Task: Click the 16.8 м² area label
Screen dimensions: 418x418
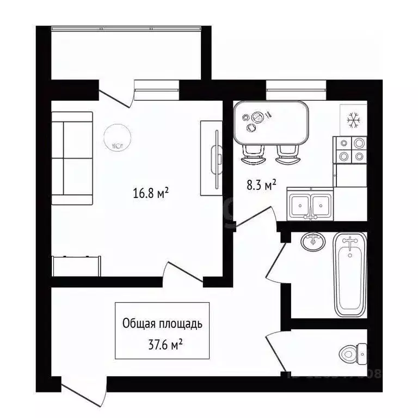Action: (x=150, y=193)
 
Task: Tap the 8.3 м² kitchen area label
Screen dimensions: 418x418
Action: (x=261, y=186)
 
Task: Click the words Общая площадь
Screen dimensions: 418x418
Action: (x=162, y=324)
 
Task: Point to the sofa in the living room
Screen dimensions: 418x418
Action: (x=72, y=158)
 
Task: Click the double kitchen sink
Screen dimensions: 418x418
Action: (x=309, y=206)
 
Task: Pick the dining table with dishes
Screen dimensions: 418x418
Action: (x=272, y=123)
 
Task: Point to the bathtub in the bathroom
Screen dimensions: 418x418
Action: (x=351, y=274)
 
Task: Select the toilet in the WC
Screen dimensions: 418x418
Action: (x=354, y=354)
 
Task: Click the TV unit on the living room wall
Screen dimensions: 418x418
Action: (x=211, y=158)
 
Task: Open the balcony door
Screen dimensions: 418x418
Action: (x=117, y=95)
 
